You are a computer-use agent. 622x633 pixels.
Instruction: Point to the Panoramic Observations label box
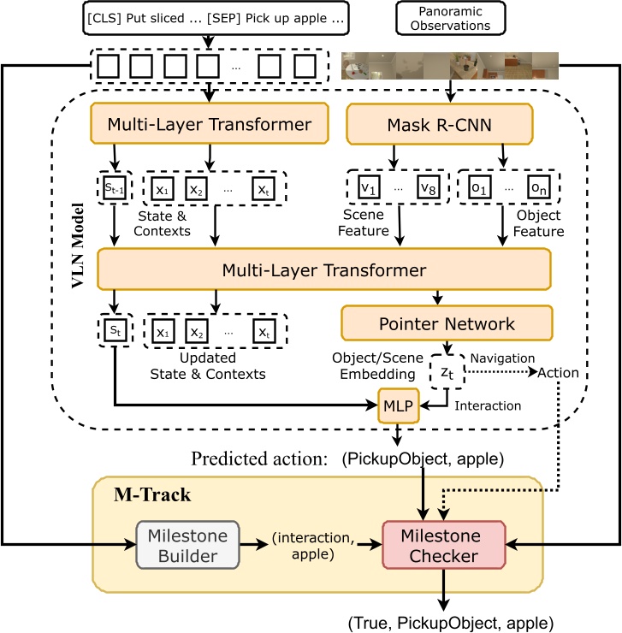451,18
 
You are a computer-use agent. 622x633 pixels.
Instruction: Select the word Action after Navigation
558,372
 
